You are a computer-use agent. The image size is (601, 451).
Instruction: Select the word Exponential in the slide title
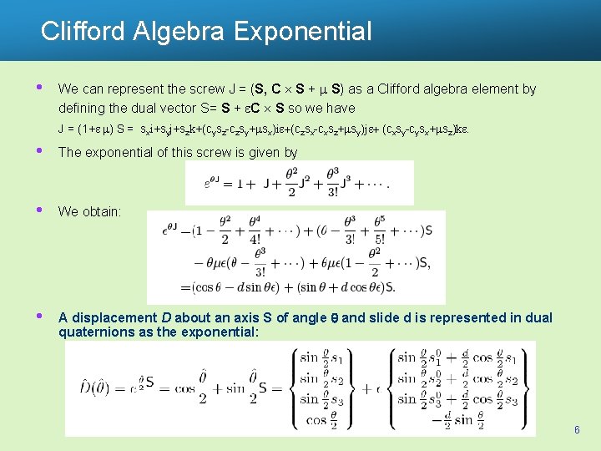coord(303,32)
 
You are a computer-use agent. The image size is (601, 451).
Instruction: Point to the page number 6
coord(577,429)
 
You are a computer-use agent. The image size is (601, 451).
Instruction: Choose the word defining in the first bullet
coord(82,108)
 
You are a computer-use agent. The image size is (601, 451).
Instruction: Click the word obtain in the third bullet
coord(101,211)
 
